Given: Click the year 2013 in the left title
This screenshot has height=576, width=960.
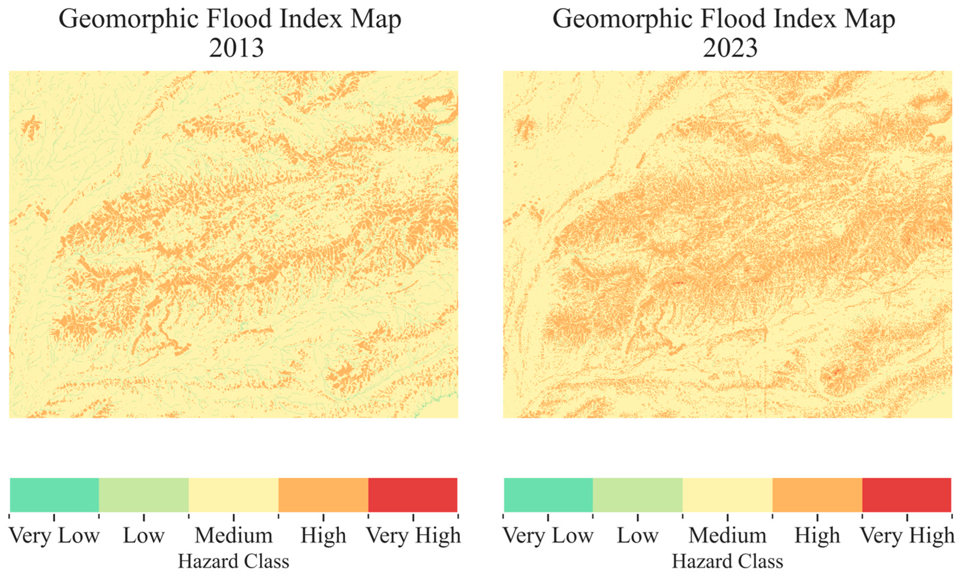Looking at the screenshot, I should point(236,48).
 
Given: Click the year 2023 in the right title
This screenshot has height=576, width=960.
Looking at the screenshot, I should point(730,48).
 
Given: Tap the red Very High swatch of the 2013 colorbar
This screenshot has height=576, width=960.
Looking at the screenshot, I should point(413,495).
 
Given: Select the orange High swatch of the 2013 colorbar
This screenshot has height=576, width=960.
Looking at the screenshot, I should point(323,495).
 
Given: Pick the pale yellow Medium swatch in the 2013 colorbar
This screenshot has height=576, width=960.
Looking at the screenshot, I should point(233,495).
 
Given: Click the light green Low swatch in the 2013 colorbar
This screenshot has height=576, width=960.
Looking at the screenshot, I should point(144,495).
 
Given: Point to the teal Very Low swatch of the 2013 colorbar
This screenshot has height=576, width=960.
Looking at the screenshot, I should point(54,495).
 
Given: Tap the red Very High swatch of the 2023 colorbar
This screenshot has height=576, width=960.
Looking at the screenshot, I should point(906,495).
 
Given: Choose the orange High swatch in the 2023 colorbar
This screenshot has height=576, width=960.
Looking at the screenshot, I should point(817,495).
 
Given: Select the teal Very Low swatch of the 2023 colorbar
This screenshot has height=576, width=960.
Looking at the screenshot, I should point(548,495).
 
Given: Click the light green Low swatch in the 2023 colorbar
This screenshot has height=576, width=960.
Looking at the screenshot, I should point(638,495).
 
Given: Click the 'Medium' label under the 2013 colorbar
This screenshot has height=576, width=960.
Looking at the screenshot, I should point(234,536).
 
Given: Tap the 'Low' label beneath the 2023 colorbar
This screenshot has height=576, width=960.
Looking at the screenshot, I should point(638,536).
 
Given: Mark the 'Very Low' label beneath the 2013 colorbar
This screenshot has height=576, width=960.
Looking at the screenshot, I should point(54,536).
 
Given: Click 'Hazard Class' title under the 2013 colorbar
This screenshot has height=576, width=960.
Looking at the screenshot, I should point(233,562).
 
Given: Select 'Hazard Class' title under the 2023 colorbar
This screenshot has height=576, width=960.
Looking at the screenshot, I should point(727,562).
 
